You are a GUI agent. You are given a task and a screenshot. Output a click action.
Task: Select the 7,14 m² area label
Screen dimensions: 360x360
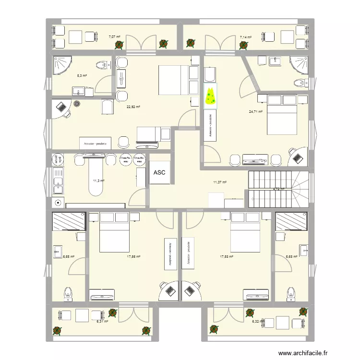(246, 36)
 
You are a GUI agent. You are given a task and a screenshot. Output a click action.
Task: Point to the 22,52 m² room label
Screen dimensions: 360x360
(133, 108)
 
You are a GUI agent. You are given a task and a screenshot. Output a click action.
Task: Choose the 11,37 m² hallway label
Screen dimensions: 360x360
(220, 182)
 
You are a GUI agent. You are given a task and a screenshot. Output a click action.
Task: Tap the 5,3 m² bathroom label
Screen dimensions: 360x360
(82, 75)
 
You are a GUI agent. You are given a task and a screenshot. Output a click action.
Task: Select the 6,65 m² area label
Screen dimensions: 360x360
(68, 256)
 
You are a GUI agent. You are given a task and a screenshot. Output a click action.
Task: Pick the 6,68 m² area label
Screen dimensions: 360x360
(291, 256)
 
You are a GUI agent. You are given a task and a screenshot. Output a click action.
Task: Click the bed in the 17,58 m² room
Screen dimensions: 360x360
(245, 232)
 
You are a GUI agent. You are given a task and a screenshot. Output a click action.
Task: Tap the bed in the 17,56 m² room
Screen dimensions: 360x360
(115, 232)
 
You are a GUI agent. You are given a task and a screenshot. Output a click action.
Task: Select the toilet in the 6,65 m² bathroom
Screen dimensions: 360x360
(68, 292)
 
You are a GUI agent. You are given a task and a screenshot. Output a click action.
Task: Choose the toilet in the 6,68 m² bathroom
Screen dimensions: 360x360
(290, 292)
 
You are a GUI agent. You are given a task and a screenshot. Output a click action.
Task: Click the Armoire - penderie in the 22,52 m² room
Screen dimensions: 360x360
(96, 143)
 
